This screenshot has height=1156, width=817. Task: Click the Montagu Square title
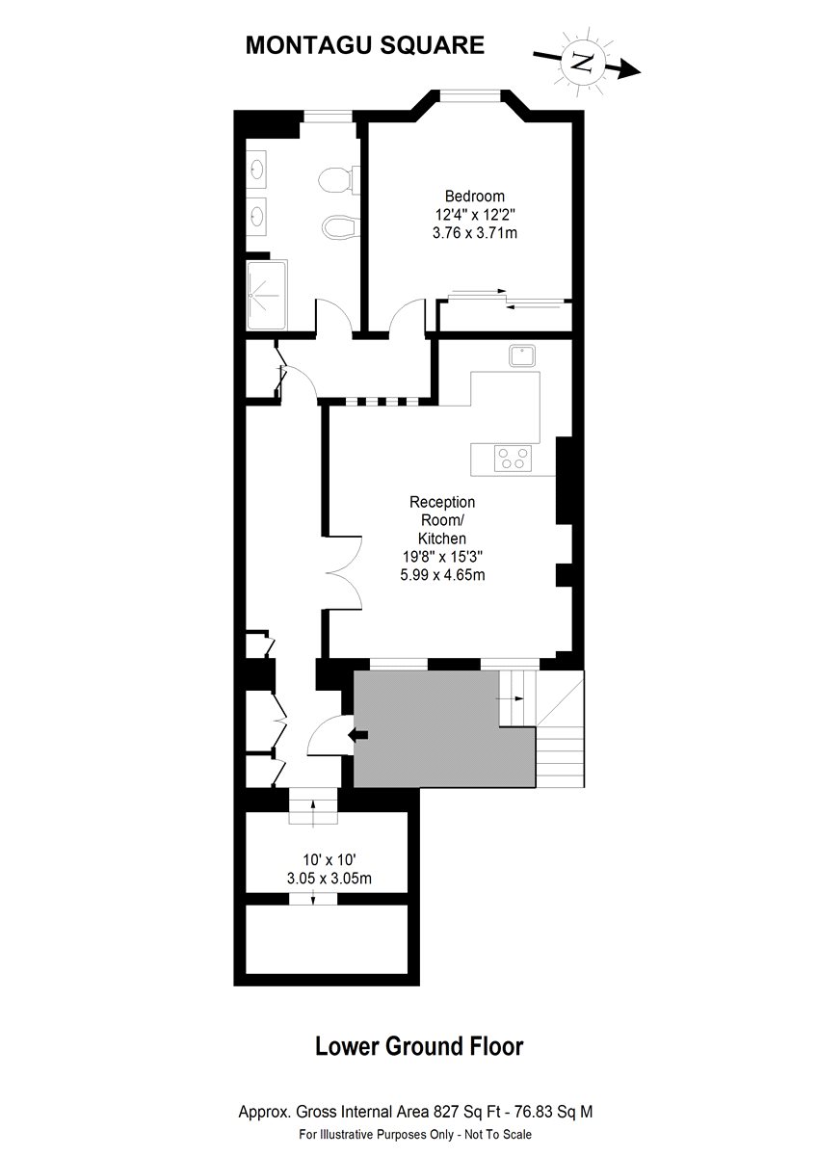click(365, 45)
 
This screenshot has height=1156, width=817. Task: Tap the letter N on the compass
click(583, 62)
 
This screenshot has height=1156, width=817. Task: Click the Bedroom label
click(474, 197)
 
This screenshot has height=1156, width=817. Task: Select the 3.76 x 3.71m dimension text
click(474, 233)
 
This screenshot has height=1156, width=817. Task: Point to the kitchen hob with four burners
click(513, 459)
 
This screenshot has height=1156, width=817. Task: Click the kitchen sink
click(523, 356)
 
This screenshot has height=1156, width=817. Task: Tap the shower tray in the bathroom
click(267, 295)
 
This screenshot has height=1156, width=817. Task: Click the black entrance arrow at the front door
click(357, 735)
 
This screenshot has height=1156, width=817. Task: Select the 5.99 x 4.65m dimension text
click(442, 574)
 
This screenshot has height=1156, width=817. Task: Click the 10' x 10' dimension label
click(329, 859)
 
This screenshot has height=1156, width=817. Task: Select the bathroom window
click(328, 117)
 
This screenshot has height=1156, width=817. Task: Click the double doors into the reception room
click(345, 573)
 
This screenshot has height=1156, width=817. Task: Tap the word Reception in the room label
click(442, 502)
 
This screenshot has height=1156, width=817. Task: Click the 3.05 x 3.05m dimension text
click(329, 878)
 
